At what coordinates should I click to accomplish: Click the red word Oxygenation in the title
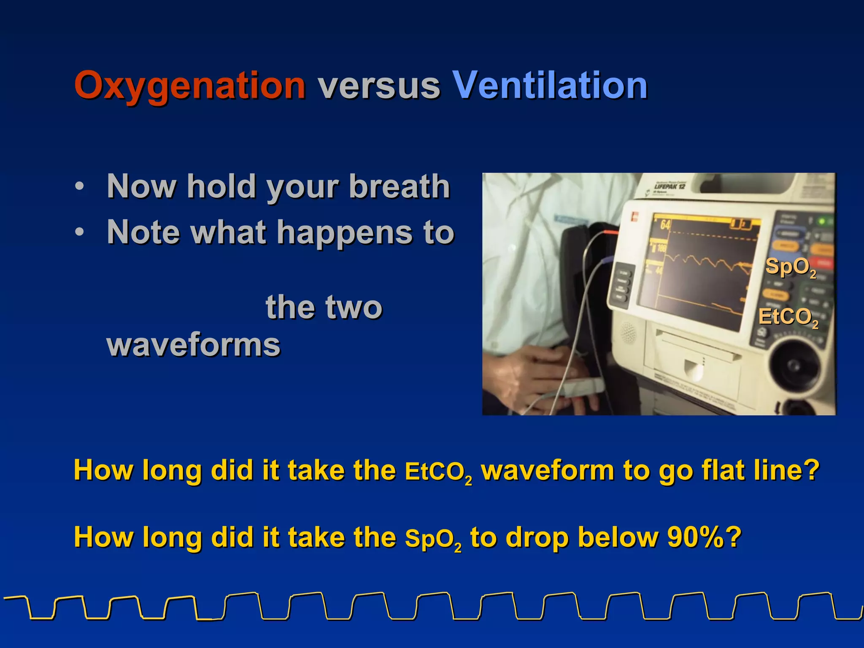[x=190, y=86]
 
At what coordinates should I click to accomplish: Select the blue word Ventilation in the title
[x=550, y=86]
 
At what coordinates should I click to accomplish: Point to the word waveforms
[x=194, y=345]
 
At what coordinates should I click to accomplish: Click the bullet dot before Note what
[x=79, y=232]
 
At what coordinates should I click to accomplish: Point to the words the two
[x=324, y=307]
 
